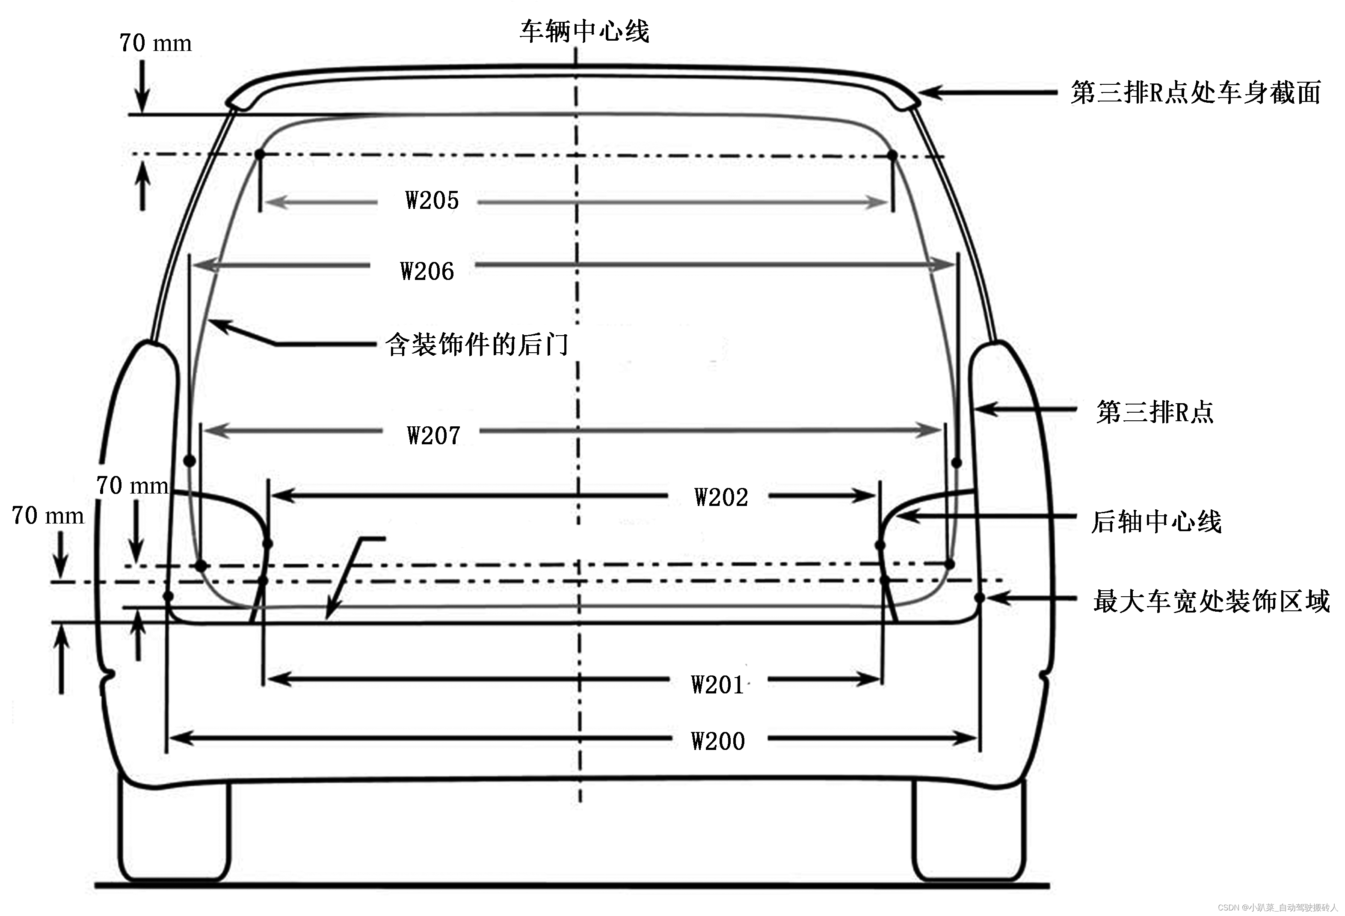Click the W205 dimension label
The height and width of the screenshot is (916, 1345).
click(x=432, y=201)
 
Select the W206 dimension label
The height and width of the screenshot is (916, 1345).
click(x=427, y=271)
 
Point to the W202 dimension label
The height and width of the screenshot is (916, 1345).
click(x=721, y=497)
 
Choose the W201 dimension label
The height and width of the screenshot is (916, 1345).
click(x=718, y=685)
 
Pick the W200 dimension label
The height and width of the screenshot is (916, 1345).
click(x=718, y=741)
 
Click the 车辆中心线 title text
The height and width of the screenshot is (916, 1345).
click(x=584, y=31)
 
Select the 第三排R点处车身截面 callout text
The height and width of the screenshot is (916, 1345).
click(x=1195, y=92)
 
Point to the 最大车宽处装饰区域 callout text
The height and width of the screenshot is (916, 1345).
click(x=1211, y=601)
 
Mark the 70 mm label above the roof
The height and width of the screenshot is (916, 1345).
click(x=155, y=43)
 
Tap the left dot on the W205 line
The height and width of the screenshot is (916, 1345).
click(x=260, y=155)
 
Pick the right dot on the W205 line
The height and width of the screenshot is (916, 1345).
click(x=892, y=155)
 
